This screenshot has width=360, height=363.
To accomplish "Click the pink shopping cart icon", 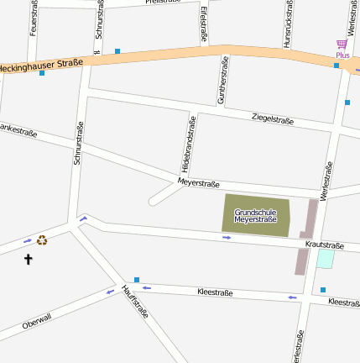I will point(342,44).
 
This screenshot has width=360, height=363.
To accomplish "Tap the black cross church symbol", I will point(28,260).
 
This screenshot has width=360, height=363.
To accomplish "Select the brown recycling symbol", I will point(42,240).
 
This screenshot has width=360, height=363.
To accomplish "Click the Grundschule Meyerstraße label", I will point(255,216).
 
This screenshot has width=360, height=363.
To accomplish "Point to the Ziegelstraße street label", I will point(273,120).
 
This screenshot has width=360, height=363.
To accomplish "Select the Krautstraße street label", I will point(325,245).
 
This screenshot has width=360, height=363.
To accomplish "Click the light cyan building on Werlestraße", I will point(325,259).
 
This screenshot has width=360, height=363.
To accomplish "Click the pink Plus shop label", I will point(342,55).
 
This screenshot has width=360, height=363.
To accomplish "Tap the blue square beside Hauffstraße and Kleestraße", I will point(137,280).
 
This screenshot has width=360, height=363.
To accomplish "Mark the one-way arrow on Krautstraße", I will point(227,238).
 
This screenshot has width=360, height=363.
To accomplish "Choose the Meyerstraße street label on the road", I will point(199,183).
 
